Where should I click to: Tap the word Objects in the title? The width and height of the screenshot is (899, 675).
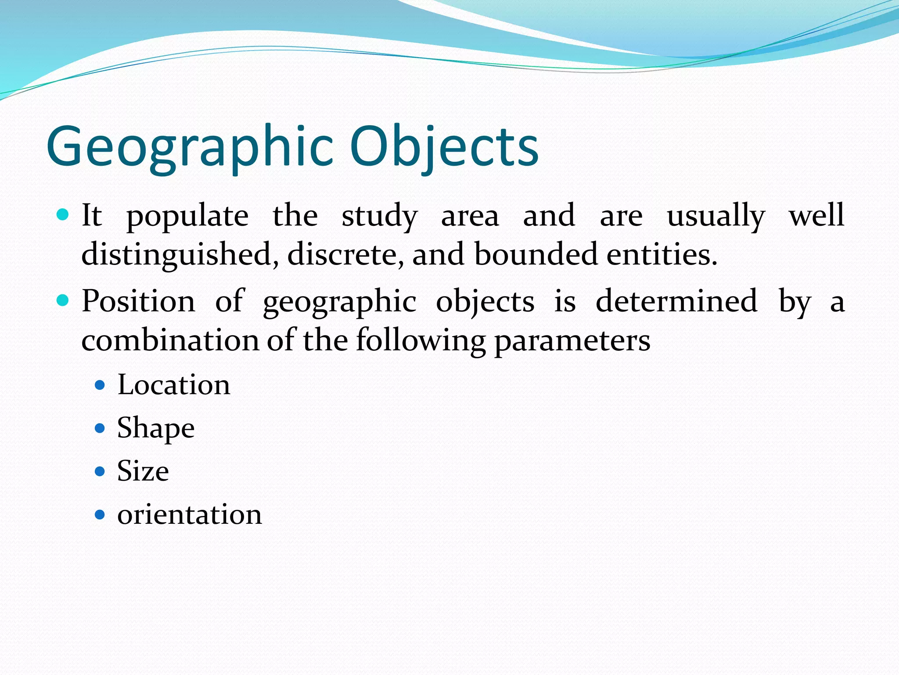(444, 147)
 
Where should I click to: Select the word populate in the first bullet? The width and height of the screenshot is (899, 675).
(187, 217)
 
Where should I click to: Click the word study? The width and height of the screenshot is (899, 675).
(380, 217)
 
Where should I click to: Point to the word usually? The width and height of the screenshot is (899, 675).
(716, 217)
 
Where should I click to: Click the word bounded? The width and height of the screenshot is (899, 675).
(536, 255)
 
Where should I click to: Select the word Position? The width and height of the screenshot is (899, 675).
(138, 301)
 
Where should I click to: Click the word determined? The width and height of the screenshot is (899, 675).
(676, 301)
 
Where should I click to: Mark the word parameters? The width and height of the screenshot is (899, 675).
(572, 341)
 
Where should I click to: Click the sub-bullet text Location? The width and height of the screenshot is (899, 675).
(174, 385)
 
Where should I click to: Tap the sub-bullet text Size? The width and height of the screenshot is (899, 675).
(143, 471)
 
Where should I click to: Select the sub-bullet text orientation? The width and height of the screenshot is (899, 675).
(190, 514)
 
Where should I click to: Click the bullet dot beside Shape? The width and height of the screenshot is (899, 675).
(100, 428)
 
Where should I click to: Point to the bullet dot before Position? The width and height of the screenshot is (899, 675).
(63, 301)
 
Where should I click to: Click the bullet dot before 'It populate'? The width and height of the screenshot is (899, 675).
(63, 215)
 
